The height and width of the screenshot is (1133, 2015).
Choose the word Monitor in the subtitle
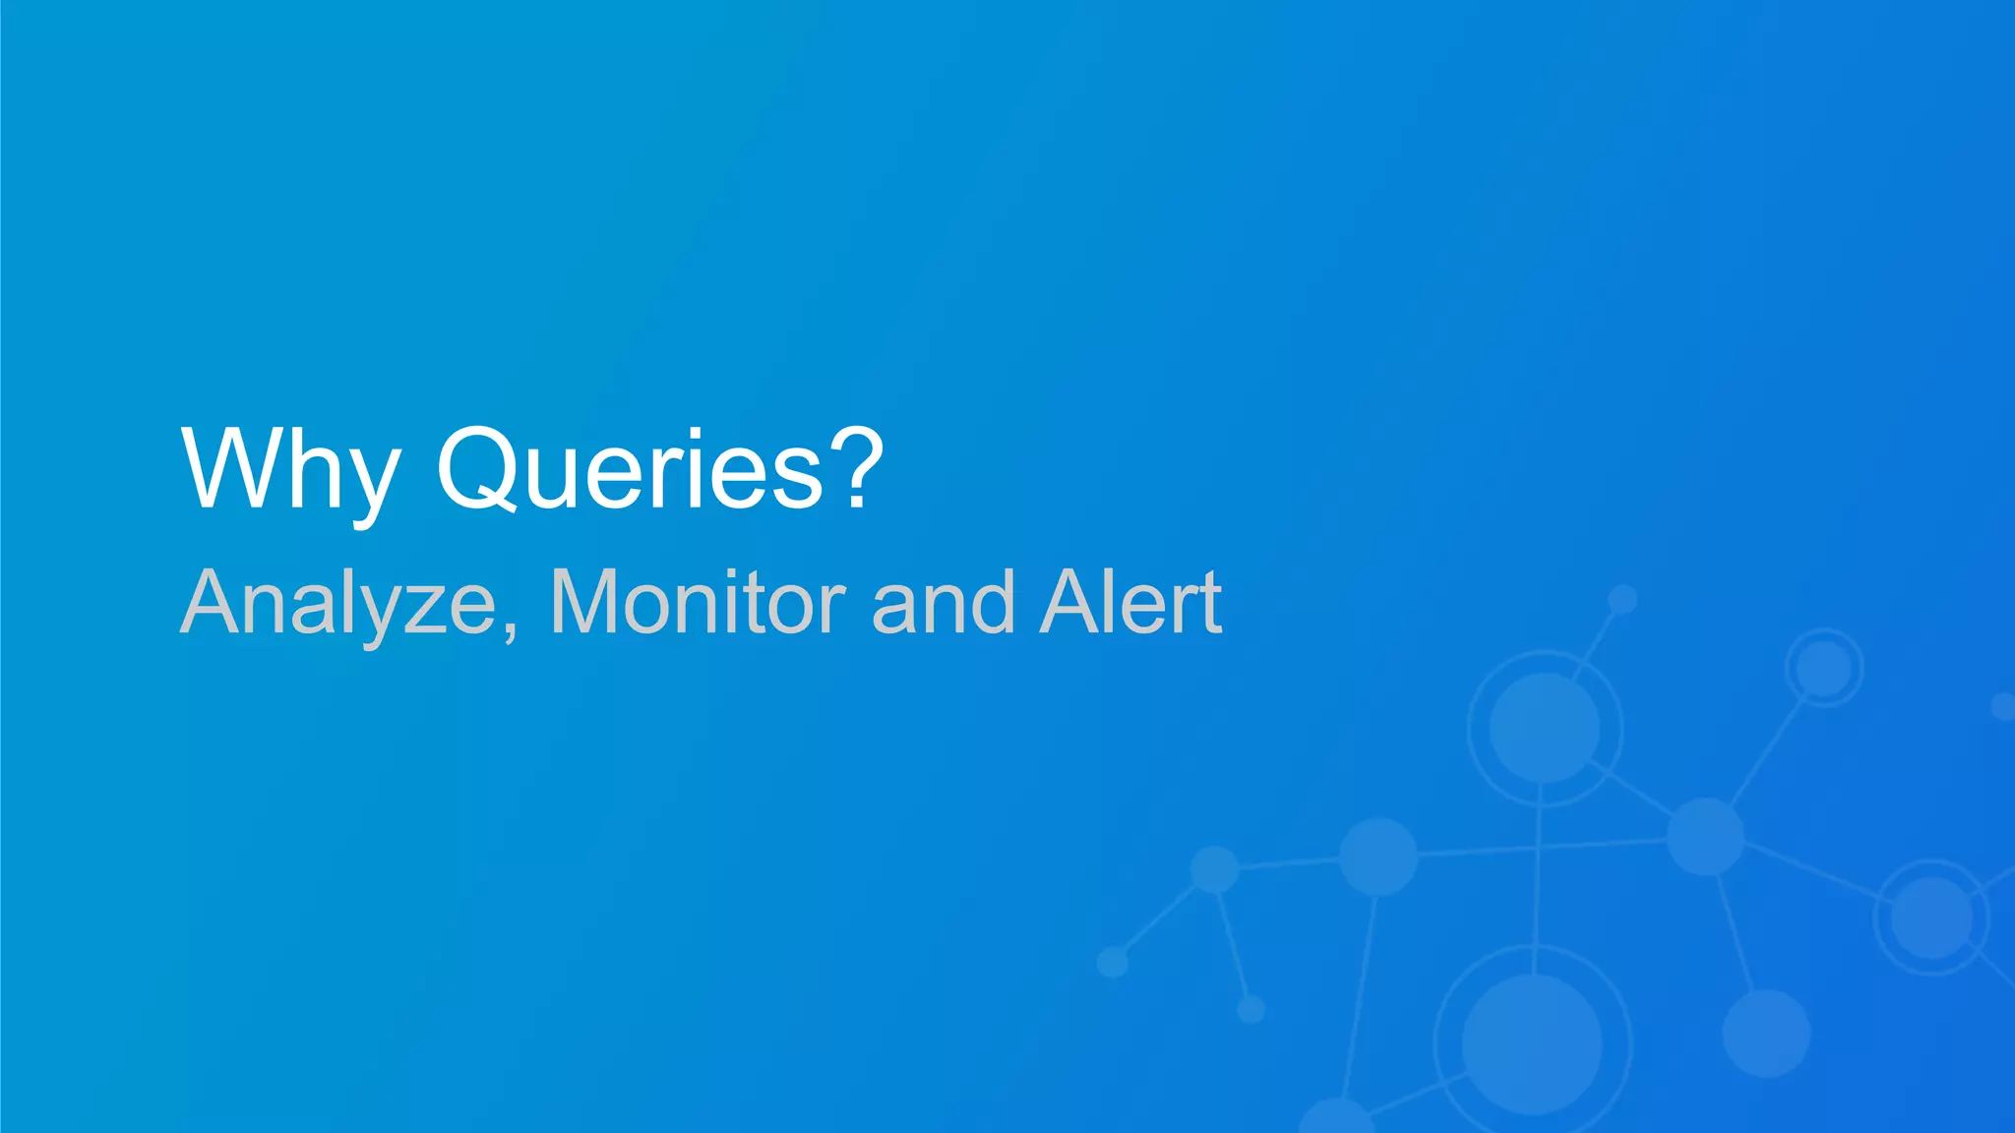point(698,602)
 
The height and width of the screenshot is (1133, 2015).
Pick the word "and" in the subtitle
point(944,602)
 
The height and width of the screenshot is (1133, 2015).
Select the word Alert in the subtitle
point(1131,602)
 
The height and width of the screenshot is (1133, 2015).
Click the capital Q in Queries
point(479,470)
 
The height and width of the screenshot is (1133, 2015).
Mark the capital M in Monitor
point(585,602)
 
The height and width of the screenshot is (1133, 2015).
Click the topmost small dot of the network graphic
point(1622,598)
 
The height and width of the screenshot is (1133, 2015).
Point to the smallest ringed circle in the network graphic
point(1824,668)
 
